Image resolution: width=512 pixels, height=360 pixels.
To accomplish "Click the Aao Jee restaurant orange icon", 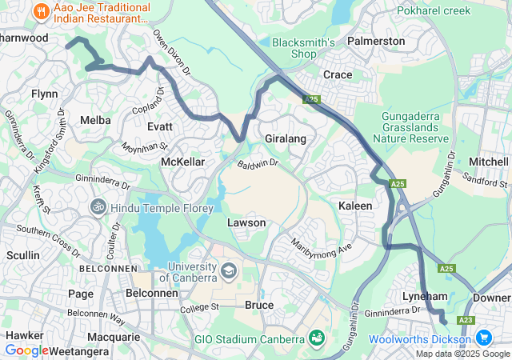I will [39, 11].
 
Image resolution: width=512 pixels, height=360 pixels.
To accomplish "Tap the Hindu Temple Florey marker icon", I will [98, 206].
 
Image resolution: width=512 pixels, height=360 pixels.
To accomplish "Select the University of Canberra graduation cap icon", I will [230, 270].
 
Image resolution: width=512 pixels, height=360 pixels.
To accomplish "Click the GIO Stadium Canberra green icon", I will [317, 338].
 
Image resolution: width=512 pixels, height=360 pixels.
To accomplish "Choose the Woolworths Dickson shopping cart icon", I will [485, 338].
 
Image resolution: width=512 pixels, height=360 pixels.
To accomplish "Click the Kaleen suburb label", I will [356, 206].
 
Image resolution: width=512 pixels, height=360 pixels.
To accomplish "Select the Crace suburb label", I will [337, 74].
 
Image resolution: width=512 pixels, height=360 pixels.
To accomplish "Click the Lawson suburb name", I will [246, 222].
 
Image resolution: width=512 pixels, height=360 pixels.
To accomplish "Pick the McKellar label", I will [183, 162].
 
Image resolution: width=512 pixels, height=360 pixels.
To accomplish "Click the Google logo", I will [26, 350].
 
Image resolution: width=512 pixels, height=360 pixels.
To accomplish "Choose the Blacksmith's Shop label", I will [294, 48].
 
